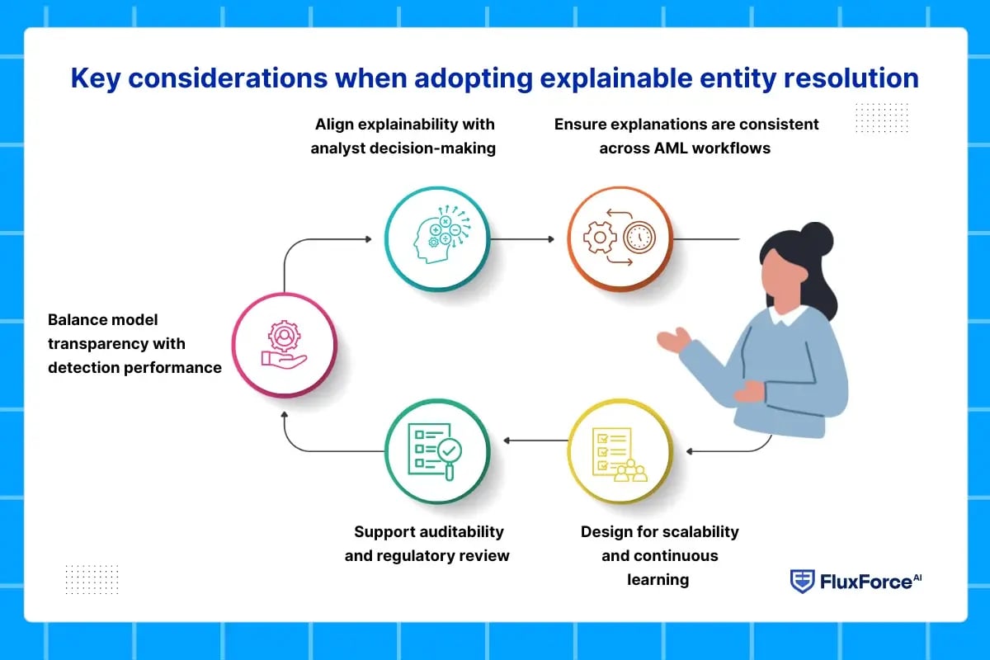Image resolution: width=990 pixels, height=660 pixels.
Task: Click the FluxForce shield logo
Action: point(802,582)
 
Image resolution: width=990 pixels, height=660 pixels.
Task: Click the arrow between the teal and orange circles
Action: point(522,239)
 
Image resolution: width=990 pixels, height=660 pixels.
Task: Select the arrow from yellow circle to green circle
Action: point(535,441)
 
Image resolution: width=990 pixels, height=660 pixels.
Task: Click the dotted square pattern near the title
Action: point(882,118)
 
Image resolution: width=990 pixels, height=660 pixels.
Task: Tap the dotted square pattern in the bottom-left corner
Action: point(92,579)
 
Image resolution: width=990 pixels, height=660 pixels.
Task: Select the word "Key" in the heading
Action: point(96,79)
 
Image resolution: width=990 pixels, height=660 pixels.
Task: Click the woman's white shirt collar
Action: point(789,316)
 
